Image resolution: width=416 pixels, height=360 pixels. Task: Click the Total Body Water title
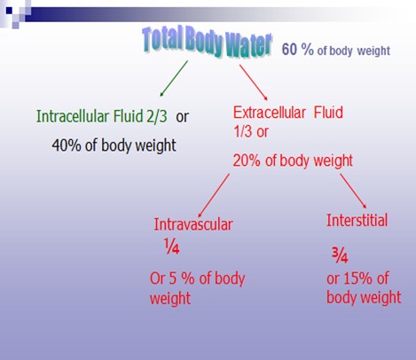pyautogui.click(x=207, y=42)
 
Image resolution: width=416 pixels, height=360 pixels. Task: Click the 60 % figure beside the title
pyautogui.click(x=297, y=49)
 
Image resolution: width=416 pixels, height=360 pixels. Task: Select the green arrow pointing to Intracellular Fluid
pyautogui.click(x=174, y=78)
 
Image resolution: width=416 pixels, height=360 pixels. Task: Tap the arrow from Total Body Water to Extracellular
pyautogui.click(x=254, y=82)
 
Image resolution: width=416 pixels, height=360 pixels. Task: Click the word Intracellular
pyautogui.click(x=73, y=116)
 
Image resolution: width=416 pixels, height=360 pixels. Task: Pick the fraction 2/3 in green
pyautogui.click(x=157, y=116)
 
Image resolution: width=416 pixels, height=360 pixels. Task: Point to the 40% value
pyautogui.click(x=67, y=145)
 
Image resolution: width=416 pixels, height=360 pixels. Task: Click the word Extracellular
pyautogui.click(x=270, y=113)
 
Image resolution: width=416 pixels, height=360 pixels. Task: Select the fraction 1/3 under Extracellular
pyautogui.click(x=242, y=131)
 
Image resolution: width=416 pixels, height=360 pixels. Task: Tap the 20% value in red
pyautogui.click(x=247, y=160)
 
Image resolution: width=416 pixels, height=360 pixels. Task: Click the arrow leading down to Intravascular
pyautogui.click(x=214, y=195)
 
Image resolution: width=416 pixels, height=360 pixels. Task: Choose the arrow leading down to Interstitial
pyautogui.click(x=353, y=191)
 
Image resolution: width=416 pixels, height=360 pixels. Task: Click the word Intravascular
pyautogui.click(x=193, y=224)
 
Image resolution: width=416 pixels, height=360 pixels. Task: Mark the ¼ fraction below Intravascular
pyautogui.click(x=172, y=247)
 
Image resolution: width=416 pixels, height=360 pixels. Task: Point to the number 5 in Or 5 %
pyautogui.click(x=173, y=278)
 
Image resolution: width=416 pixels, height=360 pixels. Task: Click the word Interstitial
pyautogui.click(x=357, y=221)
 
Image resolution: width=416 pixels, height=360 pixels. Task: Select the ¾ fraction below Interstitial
pyautogui.click(x=340, y=255)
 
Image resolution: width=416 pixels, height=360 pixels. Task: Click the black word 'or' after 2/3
pyautogui.click(x=182, y=117)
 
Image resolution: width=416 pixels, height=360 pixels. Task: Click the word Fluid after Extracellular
pyautogui.click(x=328, y=113)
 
